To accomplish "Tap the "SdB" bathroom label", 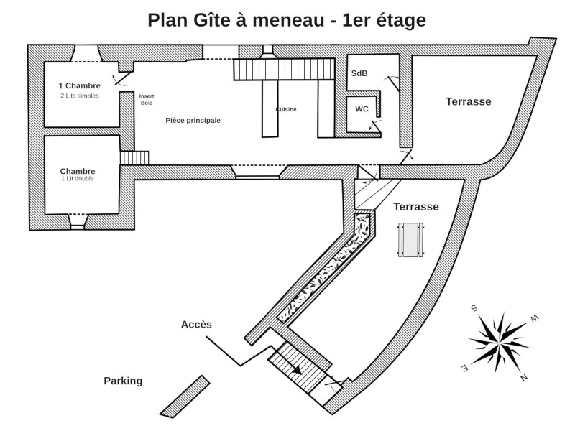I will (359, 74).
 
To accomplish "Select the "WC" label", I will (362, 109).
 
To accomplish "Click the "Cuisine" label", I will (286, 109).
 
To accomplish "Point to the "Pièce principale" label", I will (193, 121).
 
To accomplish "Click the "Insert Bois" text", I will (147, 99).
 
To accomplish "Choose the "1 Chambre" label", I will (79, 86).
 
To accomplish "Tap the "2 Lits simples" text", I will (79, 96).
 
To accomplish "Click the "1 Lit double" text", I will (78, 179).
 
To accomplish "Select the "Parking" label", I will (123, 381).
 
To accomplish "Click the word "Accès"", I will (196, 324).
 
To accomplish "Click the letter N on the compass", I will (525, 378).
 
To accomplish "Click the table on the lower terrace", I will (412, 239).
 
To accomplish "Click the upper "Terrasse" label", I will (468, 102).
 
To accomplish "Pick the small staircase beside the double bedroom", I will (133, 157).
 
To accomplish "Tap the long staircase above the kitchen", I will (284, 69).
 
